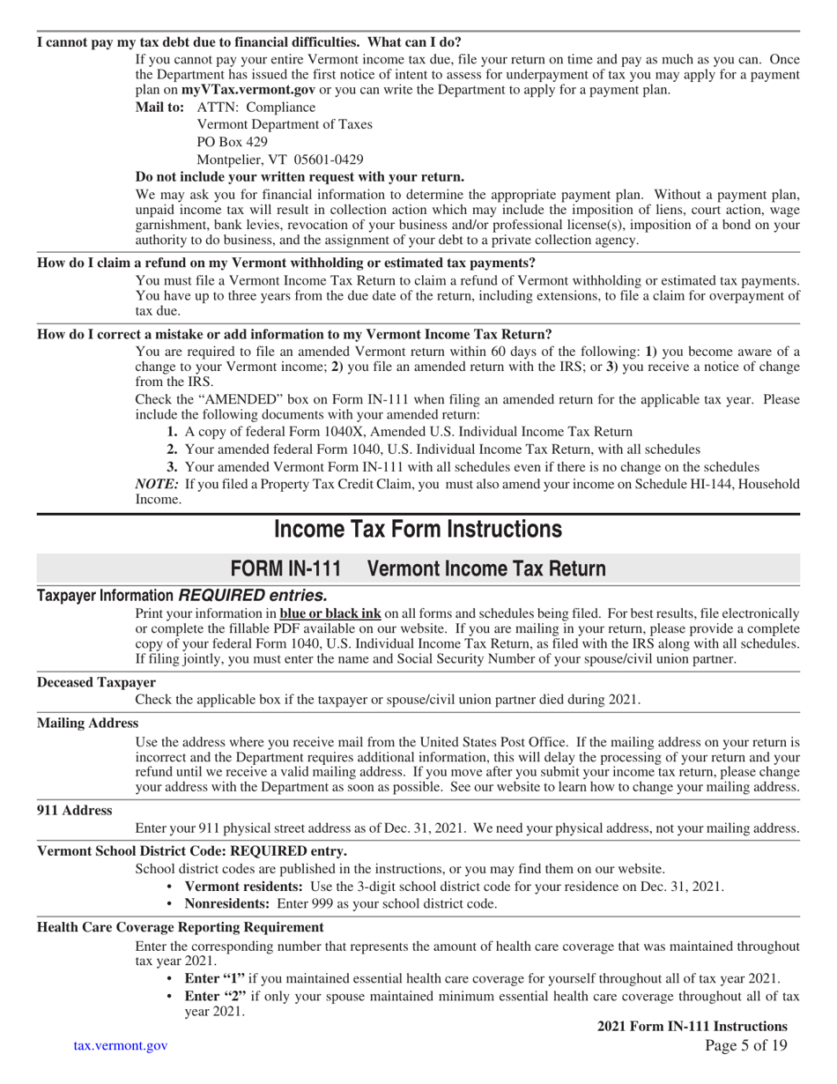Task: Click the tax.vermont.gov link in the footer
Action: click(120, 1045)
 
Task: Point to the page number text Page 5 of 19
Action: click(746, 1045)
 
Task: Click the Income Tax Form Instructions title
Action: click(418, 529)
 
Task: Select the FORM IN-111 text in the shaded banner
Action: click(285, 568)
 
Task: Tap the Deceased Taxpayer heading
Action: click(96, 682)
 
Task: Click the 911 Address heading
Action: click(74, 810)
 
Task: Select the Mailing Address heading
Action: click(87, 723)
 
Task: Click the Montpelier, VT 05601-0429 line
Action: click(279, 160)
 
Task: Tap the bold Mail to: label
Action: click(159, 108)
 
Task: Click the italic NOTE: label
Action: click(157, 484)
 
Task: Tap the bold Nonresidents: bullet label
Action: click(228, 903)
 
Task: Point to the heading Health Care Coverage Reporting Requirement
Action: click(180, 927)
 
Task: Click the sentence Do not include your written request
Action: click(300, 176)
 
